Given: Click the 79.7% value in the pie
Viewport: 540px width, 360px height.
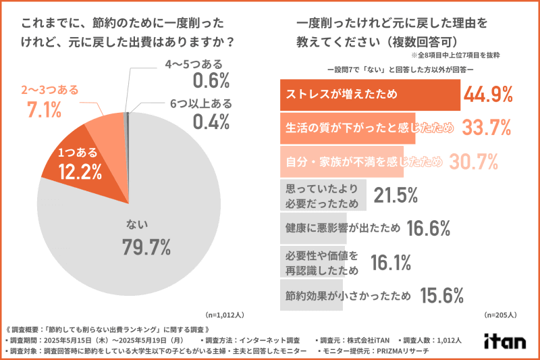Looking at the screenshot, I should coord(146,247).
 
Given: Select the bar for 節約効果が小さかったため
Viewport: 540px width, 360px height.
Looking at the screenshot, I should coord(310,294).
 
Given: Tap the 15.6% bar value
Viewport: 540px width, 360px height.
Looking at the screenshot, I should coord(441,295).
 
